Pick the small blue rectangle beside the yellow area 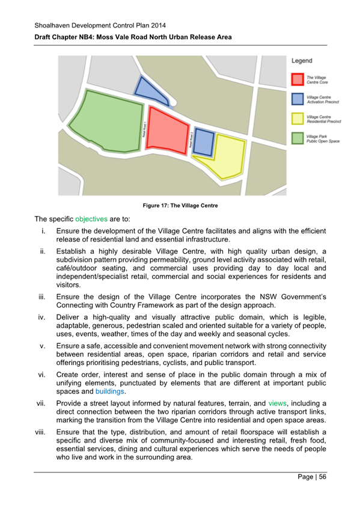[x=204, y=142]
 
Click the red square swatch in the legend [x=297, y=79]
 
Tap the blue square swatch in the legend [x=297, y=99]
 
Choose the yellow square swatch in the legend [x=297, y=118]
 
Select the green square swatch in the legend [x=297, y=138]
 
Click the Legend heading [x=302, y=61]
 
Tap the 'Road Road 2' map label [x=191, y=140]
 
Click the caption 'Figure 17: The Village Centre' [x=180, y=206]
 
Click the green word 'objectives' [x=91, y=219]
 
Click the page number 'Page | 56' [x=310, y=477]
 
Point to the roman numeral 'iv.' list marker [x=43, y=312]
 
